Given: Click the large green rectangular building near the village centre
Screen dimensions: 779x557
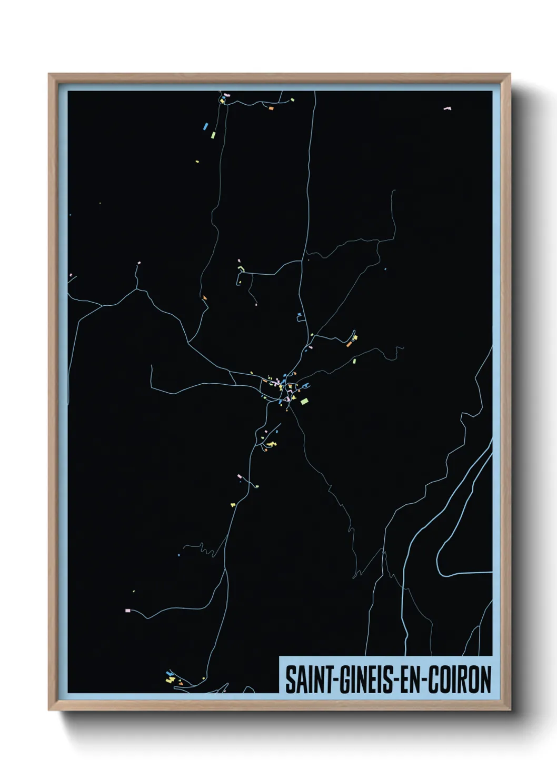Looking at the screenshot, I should point(304,402).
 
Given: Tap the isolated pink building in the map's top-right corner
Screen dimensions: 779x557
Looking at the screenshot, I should point(447,108).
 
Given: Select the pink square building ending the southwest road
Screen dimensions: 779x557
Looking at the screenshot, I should point(127,611).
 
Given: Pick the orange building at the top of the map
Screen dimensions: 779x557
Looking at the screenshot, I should point(271,108).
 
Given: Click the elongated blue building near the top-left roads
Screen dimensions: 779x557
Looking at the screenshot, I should point(205,126).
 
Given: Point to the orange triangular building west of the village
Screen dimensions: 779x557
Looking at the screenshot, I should point(205,298).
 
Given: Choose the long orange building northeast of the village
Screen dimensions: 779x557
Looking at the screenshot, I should point(349,344).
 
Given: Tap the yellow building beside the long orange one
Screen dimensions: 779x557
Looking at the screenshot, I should point(355,337).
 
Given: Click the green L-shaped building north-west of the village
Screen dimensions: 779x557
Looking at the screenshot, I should point(242,269).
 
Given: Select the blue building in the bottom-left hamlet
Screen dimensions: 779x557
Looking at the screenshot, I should point(169,673).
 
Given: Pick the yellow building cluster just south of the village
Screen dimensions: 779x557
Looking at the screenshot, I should point(270,445).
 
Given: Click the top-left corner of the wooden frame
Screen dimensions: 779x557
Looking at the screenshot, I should point(49,74).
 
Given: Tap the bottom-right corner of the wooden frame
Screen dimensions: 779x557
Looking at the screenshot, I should point(510,710).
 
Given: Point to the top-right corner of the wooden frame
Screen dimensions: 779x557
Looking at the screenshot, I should point(510,74).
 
